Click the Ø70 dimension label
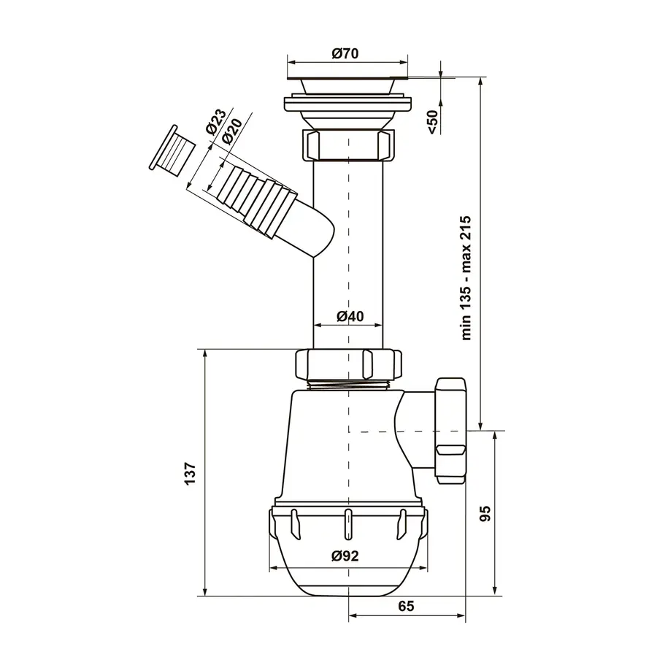point(346,53)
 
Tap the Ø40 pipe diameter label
point(350,316)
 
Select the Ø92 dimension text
point(345,556)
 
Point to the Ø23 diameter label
point(216,121)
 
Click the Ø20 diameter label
point(232,131)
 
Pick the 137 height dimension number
point(190,474)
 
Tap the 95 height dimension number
point(485,514)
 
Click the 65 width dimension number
point(406,607)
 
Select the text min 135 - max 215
point(466,278)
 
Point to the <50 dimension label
point(433,122)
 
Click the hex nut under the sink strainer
point(347,145)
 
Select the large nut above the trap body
point(348,364)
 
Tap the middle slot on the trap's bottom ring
point(348,524)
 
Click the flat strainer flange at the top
point(347,77)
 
